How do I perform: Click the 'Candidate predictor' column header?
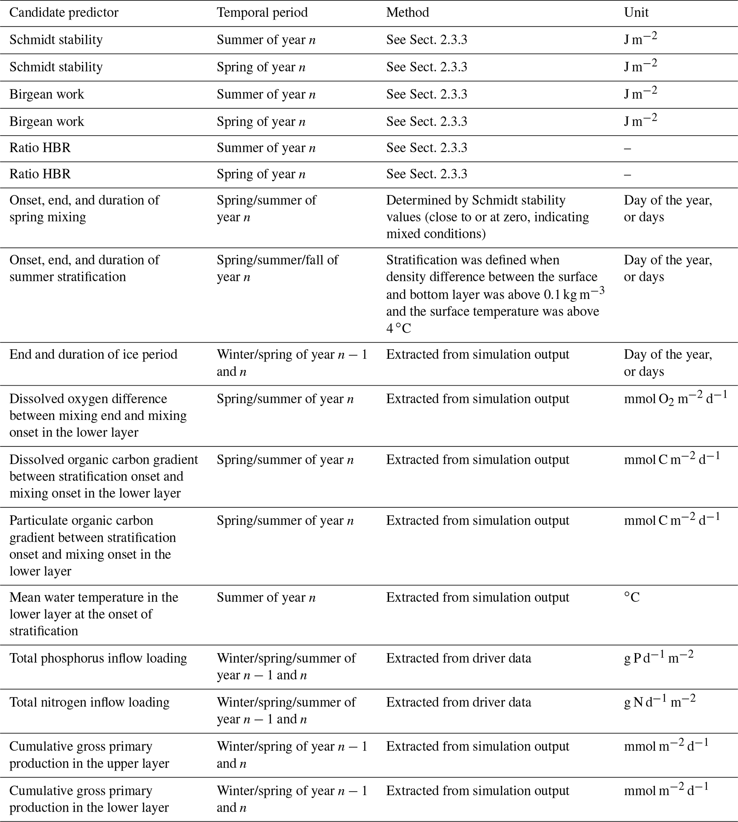[x=64, y=12]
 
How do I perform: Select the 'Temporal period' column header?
[x=262, y=12]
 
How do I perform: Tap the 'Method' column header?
[x=407, y=12]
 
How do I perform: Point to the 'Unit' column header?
[x=636, y=12]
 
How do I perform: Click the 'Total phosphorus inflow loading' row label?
[x=98, y=658]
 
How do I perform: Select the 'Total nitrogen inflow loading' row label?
[x=89, y=702]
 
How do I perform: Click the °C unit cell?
[x=631, y=598]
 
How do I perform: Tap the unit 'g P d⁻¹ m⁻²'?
[x=658, y=657]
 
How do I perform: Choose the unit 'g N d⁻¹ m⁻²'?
[x=659, y=702]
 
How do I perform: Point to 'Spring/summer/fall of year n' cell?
[x=277, y=269]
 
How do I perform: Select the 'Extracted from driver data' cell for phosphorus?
[x=458, y=658]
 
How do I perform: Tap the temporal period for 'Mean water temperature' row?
[x=266, y=598]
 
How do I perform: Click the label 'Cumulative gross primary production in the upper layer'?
[x=89, y=755]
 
